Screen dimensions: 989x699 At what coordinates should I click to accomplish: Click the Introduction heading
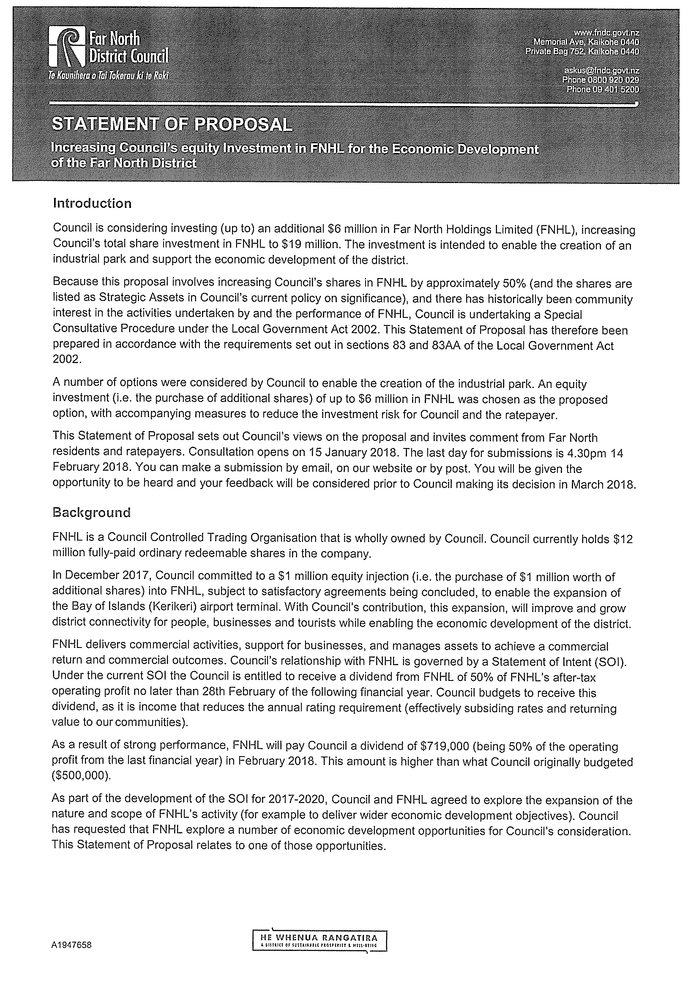coord(92,203)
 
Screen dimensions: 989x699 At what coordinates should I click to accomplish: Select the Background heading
coord(91,513)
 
